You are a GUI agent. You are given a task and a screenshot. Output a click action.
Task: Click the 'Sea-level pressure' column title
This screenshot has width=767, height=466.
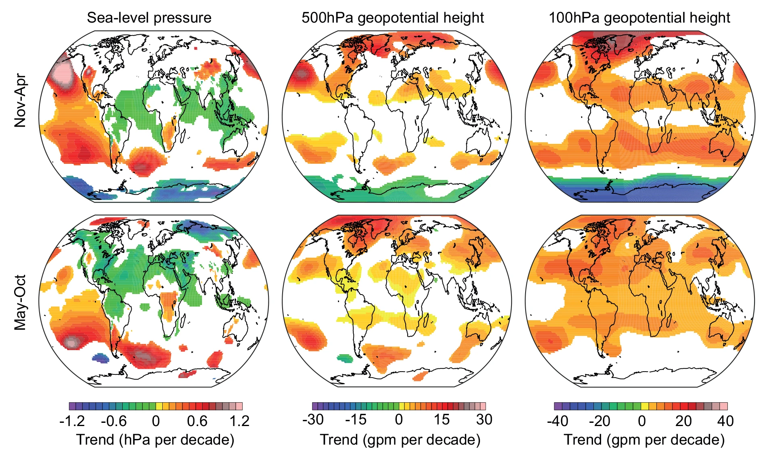[149, 18]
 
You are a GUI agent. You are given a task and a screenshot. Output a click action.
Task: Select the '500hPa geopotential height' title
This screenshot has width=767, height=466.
[392, 18]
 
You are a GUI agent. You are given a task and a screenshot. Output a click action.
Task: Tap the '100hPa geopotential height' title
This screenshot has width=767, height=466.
[639, 18]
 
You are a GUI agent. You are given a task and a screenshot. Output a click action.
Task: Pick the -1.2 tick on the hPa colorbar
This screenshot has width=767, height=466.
[72, 421]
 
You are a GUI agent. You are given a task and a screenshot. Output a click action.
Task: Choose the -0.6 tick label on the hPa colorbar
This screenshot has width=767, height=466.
[113, 421]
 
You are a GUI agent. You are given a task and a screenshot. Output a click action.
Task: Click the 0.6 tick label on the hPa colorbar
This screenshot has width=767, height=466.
[197, 421]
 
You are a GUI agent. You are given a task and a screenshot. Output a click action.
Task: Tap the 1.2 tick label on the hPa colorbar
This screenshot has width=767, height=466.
[239, 421]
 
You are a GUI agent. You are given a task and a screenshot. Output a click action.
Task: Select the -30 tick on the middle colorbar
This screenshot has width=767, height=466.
[313, 420]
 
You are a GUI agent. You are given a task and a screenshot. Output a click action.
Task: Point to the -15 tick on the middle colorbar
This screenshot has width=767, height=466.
[356, 420]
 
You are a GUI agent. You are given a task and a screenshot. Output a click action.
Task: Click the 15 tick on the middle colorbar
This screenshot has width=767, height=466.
[442, 420]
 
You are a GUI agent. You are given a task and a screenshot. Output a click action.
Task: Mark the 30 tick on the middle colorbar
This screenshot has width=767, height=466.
[484, 420]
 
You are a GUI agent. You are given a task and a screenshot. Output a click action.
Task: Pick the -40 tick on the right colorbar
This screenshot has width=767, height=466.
[557, 421]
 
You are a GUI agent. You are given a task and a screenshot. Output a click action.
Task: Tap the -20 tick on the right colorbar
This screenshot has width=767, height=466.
[599, 421]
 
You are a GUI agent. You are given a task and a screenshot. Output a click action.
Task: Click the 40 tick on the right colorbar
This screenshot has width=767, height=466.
[725, 421]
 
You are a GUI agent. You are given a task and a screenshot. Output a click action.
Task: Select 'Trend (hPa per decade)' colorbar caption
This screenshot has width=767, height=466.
[155, 440]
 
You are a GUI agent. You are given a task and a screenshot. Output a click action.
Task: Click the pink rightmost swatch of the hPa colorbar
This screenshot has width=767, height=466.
[239, 406]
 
